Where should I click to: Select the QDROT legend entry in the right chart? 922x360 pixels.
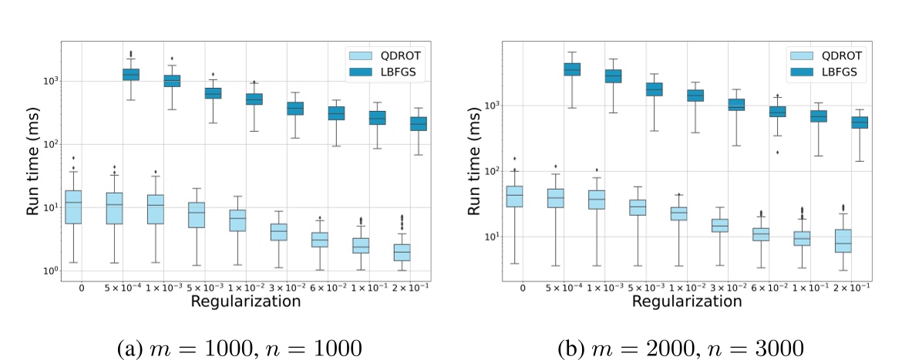833,56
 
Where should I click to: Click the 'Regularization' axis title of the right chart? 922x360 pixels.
682,301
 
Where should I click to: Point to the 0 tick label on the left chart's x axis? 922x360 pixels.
81,288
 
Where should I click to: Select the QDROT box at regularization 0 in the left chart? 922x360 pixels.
73,207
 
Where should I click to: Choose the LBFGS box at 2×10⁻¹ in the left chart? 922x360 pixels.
419,123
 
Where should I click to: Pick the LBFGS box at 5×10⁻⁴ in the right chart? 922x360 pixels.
572,69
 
